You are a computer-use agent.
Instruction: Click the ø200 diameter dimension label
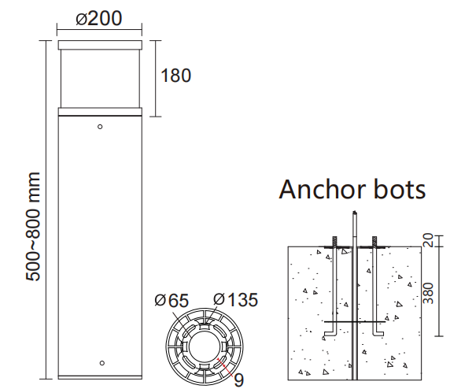pyautogui.click(x=99, y=18)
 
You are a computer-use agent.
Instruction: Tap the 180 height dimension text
pyautogui.click(x=175, y=76)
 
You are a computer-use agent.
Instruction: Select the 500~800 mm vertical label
pyautogui.click(x=32, y=227)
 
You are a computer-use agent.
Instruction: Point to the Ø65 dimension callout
pyautogui.click(x=171, y=301)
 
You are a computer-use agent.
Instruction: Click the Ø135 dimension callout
pyautogui.click(x=235, y=299)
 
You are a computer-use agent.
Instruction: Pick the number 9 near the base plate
pyautogui.click(x=238, y=380)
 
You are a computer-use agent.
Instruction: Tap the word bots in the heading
pyautogui.click(x=400, y=189)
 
